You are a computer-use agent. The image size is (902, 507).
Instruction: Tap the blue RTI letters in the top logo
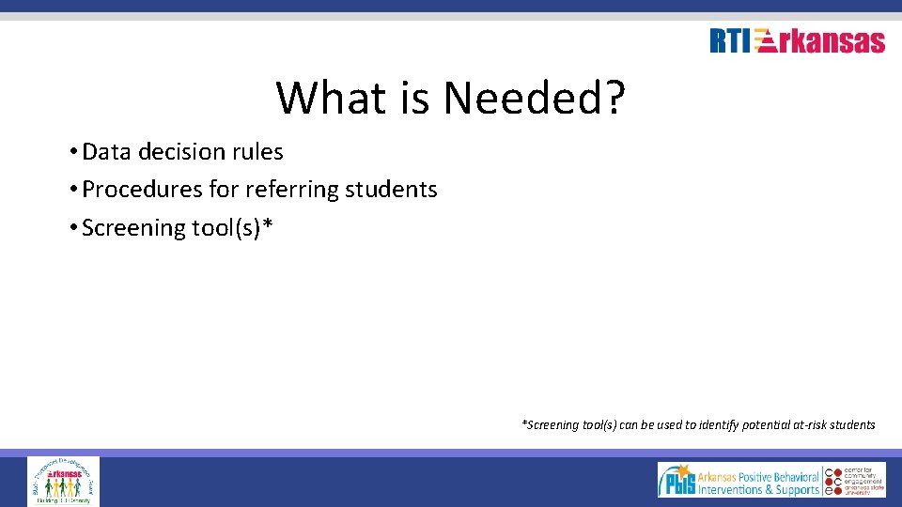(730, 41)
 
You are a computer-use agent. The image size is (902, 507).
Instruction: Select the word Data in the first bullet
(106, 151)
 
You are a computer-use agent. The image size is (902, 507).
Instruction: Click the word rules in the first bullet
(257, 151)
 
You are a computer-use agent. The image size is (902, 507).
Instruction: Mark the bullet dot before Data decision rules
(72, 152)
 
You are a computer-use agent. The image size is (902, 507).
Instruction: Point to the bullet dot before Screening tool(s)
(72, 228)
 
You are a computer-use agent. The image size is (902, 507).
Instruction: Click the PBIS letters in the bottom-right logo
(677, 482)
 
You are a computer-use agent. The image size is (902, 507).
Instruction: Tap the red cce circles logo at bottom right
(830, 480)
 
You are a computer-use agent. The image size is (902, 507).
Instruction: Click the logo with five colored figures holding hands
(63, 482)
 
